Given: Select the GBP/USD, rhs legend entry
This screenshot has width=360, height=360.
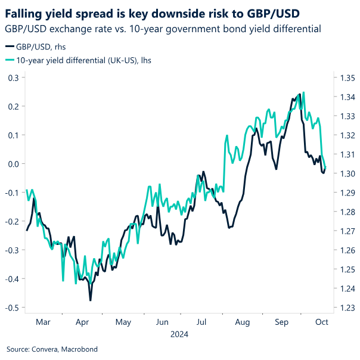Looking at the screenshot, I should pos(37,48).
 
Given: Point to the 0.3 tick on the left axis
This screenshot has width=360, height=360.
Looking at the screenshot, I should pos(13,77).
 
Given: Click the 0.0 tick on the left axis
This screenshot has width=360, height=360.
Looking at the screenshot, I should pos(13,164).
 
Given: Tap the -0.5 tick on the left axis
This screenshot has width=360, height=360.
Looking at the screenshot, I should pos(12,308).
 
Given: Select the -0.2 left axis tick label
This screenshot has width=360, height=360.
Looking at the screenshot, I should pos(12,221).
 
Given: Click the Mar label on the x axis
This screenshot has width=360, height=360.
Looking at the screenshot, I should pos(43,322).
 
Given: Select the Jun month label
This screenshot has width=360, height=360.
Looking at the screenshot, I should pos(162,322).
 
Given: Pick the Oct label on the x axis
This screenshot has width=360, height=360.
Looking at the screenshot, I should pos(322,322).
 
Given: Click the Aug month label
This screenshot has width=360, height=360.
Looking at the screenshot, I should pos(243,322).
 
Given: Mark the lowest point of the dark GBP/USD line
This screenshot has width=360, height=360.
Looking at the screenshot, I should pos(91,300).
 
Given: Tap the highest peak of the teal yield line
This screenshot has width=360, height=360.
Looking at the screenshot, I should pos(304,92).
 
